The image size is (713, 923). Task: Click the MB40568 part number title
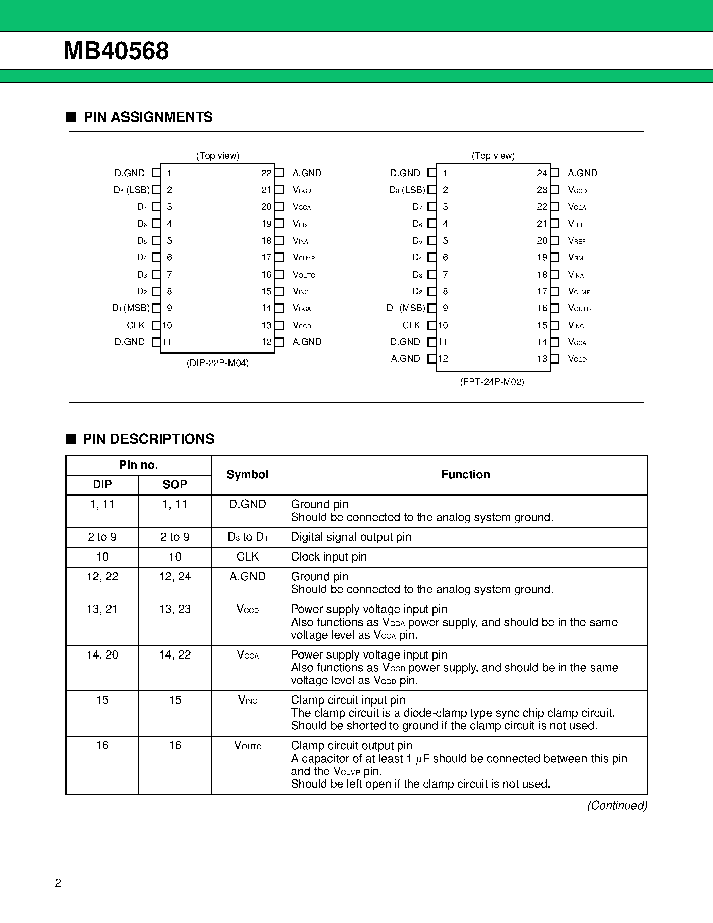pyautogui.click(x=116, y=51)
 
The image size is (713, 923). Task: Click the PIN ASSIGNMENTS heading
pyautogui.click(x=148, y=117)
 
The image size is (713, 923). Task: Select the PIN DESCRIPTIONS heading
pyautogui.click(x=148, y=439)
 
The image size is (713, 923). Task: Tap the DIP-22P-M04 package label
pyautogui.click(x=217, y=363)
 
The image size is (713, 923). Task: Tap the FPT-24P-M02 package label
pyautogui.click(x=492, y=382)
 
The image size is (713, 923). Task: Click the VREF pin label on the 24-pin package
pyautogui.click(x=576, y=241)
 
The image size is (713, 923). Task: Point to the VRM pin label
pyautogui.click(x=575, y=258)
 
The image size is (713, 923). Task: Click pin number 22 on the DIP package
pyautogui.click(x=266, y=173)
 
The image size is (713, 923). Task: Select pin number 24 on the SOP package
pyautogui.click(x=542, y=173)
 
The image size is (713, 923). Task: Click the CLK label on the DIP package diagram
pyautogui.click(x=136, y=325)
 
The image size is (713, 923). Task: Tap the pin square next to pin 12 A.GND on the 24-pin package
pyautogui.click(x=431, y=359)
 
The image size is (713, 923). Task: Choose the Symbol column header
pyautogui.click(x=247, y=475)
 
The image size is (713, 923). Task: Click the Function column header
pyautogui.click(x=465, y=475)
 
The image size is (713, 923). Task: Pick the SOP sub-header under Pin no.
pyautogui.click(x=175, y=484)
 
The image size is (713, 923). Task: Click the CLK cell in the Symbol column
pyautogui.click(x=248, y=557)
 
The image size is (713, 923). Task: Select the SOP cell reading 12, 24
pyautogui.click(x=175, y=577)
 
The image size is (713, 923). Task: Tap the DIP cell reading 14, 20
pyautogui.click(x=102, y=655)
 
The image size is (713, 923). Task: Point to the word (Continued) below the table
pyautogui.click(x=617, y=806)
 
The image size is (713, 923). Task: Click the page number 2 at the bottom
pyautogui.click(x=58, y=883)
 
